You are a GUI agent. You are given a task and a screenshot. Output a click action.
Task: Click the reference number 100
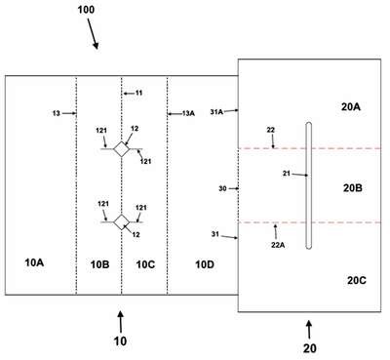[86, 10]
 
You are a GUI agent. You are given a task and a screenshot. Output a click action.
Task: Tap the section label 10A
[34, 262]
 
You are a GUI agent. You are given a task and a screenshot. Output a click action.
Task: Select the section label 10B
[99, 264]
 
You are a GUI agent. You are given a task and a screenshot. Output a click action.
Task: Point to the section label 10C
[145, 264]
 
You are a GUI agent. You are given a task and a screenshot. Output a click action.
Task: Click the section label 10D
[205, 264]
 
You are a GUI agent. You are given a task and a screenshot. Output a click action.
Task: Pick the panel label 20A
[351, 106]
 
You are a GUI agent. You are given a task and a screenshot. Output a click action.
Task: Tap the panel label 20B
[353, 188]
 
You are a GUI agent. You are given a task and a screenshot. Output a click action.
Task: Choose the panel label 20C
[357, 280]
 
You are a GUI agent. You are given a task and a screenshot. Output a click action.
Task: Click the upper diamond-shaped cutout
[121, 149]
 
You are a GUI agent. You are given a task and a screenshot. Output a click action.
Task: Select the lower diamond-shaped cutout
[121, 222]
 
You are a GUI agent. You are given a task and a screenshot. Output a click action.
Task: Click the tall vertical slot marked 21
[308, 185]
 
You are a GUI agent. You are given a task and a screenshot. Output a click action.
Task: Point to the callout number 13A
[188, 113]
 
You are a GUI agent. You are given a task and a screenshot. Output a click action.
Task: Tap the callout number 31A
[216, 112]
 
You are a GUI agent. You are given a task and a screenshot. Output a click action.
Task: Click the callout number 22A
[278, 245]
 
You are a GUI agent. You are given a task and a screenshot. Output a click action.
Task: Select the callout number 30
[222, 188]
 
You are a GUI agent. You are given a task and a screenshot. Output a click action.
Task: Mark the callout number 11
[138, 93]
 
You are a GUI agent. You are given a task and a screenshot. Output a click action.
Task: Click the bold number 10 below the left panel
[120, 341]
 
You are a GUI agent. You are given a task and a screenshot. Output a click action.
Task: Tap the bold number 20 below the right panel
[309, 348]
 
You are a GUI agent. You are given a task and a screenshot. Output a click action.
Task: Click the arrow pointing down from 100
[93, 34]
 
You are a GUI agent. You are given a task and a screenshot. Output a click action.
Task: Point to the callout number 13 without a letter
[57, 113]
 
